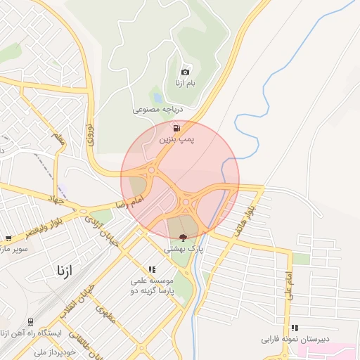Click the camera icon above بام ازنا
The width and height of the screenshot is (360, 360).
[185, 72]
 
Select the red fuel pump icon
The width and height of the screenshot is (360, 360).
[176, 128]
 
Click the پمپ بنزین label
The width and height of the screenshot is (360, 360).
[174, 140]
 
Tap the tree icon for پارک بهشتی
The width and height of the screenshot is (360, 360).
[184, 238]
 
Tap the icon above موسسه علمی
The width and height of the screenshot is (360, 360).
[151, 269]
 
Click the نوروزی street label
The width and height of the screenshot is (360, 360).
[89, 134]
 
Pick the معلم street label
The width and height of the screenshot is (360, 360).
[58, 138]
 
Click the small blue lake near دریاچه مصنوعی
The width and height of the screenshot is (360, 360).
[157, 98]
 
